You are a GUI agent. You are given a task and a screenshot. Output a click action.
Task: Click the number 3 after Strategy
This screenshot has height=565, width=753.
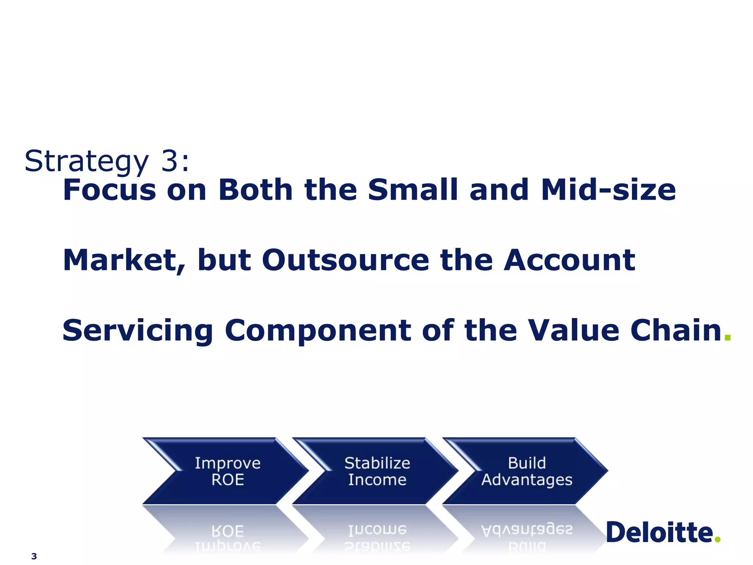point(170,161)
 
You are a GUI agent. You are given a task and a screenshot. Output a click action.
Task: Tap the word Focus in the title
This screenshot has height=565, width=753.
point(110,190)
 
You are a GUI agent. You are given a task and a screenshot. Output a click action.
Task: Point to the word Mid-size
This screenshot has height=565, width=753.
point(608,190)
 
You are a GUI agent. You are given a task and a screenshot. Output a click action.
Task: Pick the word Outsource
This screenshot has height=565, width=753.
point(346,260)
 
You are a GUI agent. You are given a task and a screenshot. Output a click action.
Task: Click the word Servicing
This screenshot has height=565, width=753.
point(138,331)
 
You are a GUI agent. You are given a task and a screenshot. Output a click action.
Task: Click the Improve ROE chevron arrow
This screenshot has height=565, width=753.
point(227,471)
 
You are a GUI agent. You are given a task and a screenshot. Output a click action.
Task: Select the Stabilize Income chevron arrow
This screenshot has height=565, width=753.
point(377,471)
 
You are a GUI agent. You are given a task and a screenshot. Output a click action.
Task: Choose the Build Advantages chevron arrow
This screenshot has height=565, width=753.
point(527,471)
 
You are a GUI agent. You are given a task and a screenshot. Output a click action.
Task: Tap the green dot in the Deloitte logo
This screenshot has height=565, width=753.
point(717,540)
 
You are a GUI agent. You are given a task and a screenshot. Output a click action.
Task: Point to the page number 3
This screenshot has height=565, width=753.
point(34,556)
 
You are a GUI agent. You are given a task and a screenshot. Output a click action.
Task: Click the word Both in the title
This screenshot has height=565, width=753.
point(256,190)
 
